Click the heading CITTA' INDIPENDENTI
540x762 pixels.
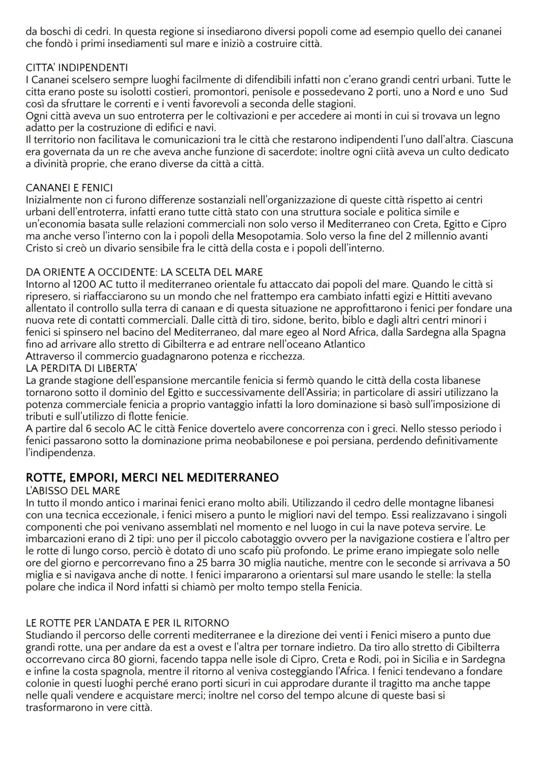click(76, 67)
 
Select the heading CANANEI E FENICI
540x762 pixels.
click(69, 188)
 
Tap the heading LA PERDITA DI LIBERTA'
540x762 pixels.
click(81, 368)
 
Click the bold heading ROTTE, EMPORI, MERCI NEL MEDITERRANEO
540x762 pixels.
click(152, 478)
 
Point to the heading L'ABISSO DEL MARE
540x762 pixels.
click(73, 490)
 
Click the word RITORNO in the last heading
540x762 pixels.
click(206, 623)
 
